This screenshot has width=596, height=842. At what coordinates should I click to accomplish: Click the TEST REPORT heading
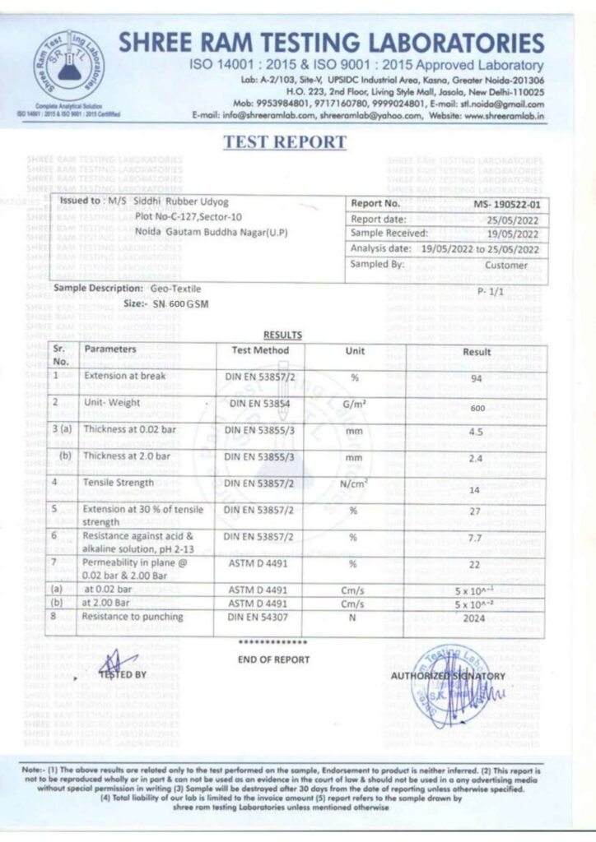tap(285, 142)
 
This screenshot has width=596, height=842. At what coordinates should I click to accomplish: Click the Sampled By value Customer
tap(517, 265)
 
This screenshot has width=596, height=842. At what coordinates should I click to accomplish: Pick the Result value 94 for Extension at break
tap(476, 380)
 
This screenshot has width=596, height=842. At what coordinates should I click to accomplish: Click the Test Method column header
tap(259, 350)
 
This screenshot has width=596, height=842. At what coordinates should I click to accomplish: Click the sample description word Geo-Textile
tap(175, 289)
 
